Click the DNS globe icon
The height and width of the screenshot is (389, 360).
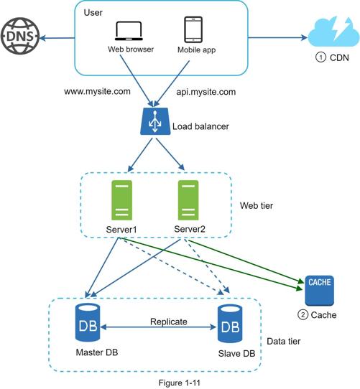pos(20,36)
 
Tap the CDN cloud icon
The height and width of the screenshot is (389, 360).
pos(333,32)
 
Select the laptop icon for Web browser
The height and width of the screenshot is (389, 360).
pos(129,31)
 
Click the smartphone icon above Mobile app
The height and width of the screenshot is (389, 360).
pos(193,29)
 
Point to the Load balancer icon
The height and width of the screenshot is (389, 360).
pos(155,121)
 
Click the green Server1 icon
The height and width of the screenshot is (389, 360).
pos(121,200)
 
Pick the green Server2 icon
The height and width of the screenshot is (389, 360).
pos(188,200)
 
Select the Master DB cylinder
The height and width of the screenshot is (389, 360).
pos(88,323)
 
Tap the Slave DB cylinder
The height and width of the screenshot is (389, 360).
pos(230,324)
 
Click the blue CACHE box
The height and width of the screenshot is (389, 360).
pos(319,291)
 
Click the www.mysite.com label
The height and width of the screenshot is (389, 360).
pos(97,91)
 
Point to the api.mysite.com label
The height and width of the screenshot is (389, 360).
pos(206,92)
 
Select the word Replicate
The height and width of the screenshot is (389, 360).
pos(169,322)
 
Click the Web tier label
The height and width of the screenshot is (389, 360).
pos(257,205)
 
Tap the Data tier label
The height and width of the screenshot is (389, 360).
pos(284,342)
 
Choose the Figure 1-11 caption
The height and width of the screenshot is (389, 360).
pos(180,383)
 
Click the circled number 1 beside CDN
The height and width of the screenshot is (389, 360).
pos(320,57)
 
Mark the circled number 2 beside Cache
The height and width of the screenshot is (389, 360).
pos(303,315)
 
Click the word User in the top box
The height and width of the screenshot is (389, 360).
pos(93,13)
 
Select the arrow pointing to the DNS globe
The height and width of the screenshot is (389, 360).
pos(57,38)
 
